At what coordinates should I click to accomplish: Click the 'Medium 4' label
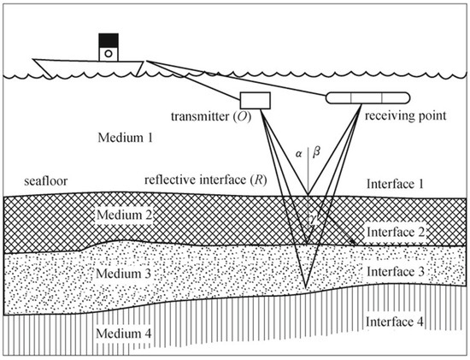click(x=125, y=331)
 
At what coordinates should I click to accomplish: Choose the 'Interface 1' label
click(x=396, y=184)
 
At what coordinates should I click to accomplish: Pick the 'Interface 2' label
click(x=396, y=232)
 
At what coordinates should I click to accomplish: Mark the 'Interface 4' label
click(x=396, y=322)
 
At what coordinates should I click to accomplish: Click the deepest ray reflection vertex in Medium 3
click(x=305, y=286)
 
